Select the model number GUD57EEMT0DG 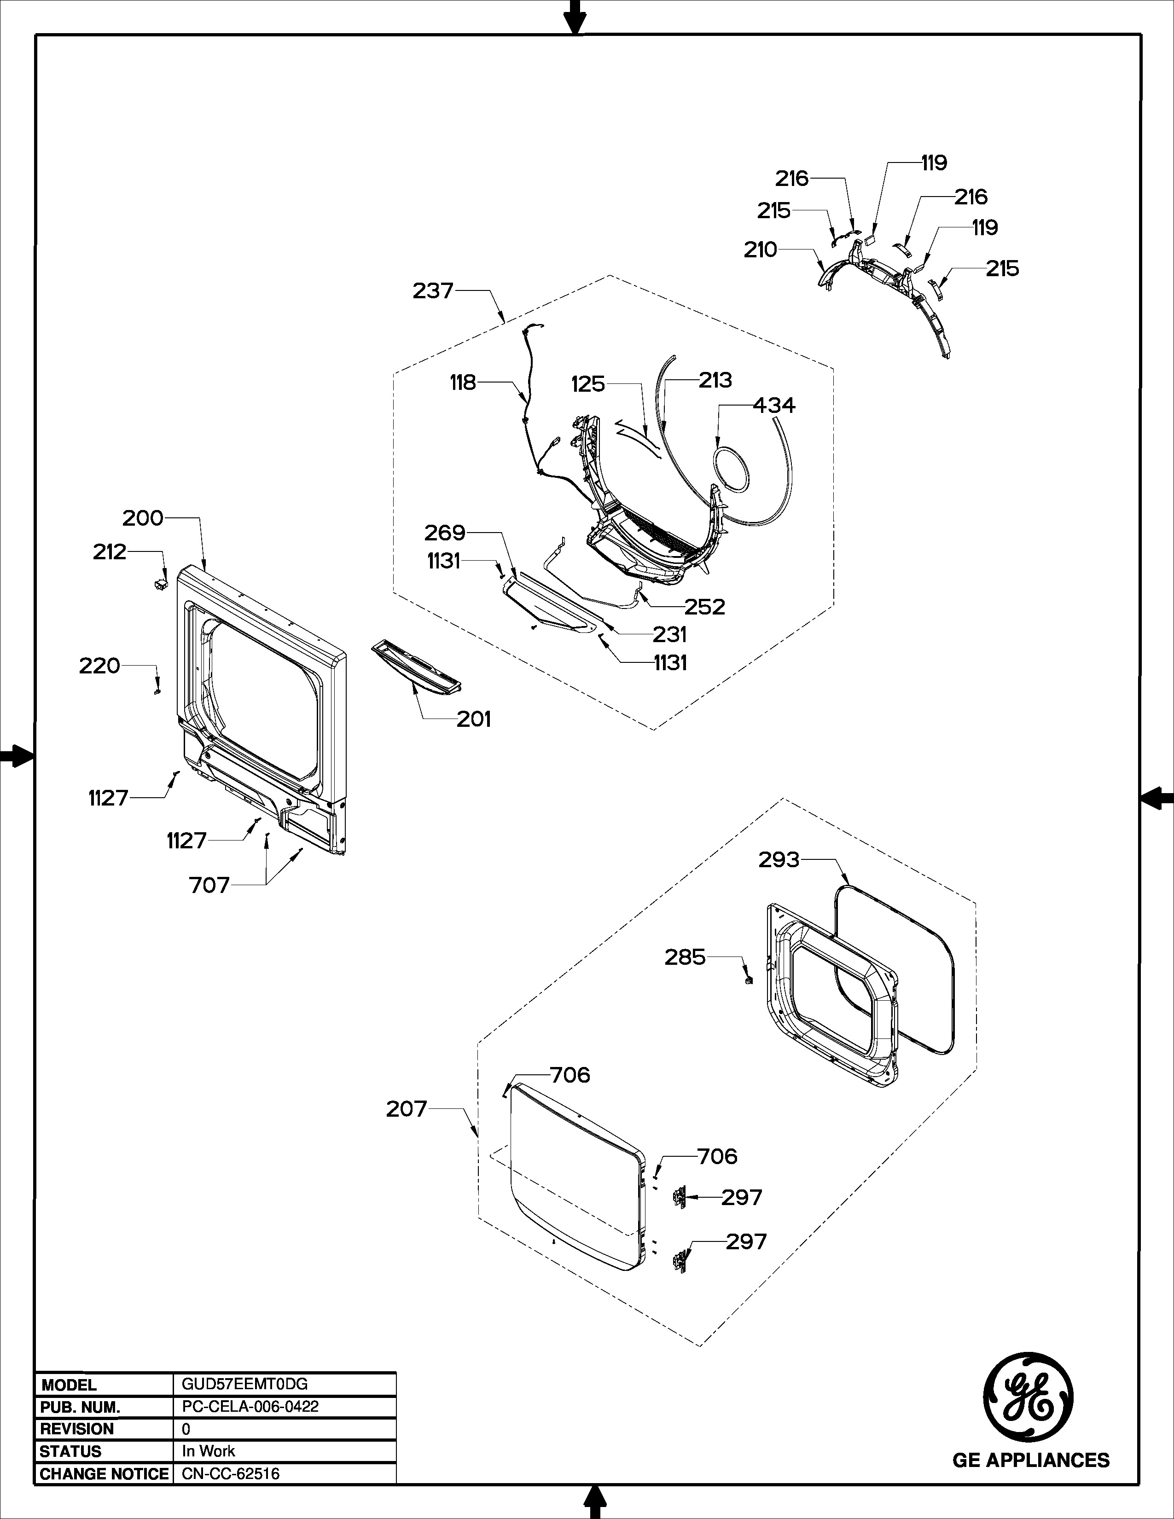(x=240, y=1384)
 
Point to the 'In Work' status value (x=208, y=1451)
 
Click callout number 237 (x=433, y=291)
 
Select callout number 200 (x=143, y=518)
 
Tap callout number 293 (x=779, y=860)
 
